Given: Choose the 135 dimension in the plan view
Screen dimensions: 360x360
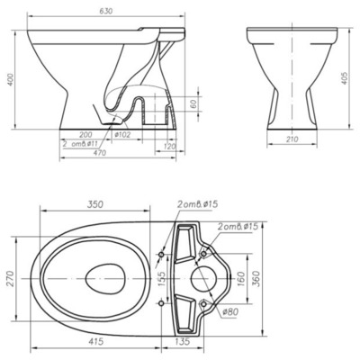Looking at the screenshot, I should point(181,342).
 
